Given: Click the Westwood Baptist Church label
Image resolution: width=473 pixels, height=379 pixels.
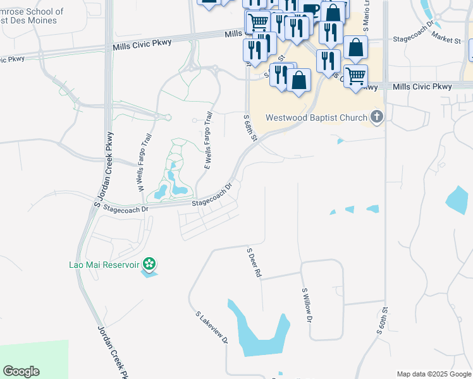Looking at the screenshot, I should [x=316, y=117].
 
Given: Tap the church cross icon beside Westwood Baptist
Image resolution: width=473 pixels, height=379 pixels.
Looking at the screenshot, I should [x=377, y=116].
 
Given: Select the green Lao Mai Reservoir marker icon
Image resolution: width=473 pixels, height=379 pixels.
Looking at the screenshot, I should [x=149, y=263].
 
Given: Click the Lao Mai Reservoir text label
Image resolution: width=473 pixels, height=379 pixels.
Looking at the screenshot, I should [x=104, y=264].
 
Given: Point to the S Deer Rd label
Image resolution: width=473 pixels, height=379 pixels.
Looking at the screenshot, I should [x=254, y=263].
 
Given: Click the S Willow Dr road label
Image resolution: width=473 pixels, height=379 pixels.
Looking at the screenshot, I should [x=307, y=305].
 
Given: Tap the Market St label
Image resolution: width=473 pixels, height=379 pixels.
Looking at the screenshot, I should [x=447, y=40].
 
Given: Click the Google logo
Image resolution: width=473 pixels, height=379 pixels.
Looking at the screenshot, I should [x=21, y=371].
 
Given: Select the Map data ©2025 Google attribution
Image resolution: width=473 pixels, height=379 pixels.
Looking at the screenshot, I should [x=433, y=374].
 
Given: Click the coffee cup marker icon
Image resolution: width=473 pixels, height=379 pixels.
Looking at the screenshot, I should [x=310, y=11].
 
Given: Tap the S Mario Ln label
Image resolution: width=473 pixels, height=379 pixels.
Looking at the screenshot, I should [x=365, y=20].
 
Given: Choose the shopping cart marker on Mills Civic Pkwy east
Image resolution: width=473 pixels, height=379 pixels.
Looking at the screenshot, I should [x=356, y=76].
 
